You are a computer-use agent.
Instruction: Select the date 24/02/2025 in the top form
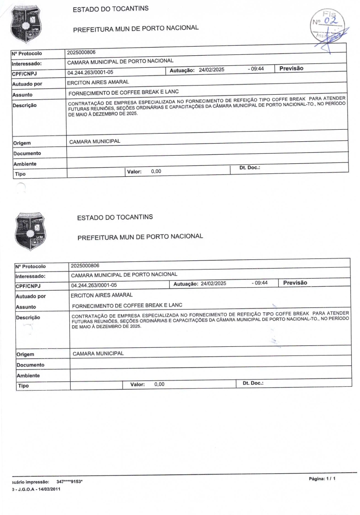211,70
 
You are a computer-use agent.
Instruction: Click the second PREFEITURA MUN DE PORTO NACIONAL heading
139,236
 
